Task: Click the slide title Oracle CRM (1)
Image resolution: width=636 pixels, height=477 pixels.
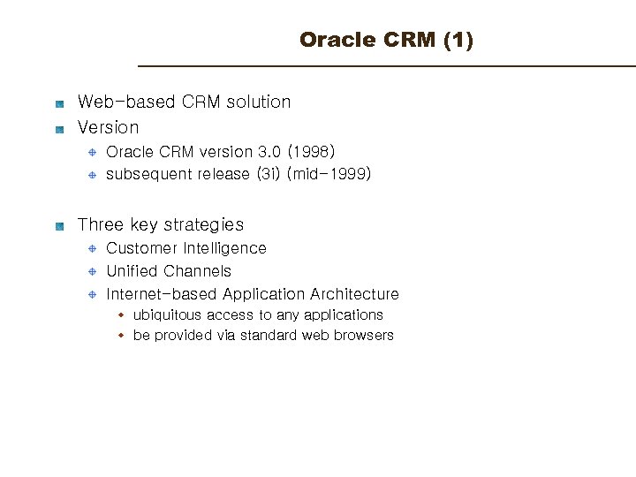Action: (x=386, y=41)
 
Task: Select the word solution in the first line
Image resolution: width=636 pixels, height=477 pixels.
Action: (x=258, y=102)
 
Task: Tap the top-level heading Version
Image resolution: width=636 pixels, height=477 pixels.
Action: (x=108, y=127)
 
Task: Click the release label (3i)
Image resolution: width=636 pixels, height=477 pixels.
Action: (x=268, y=174)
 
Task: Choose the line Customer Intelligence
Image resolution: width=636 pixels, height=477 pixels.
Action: (x=185, y=248)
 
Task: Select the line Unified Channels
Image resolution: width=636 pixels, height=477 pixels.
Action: (x=168, y=271)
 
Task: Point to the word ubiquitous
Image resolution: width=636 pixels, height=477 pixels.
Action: (x=167, y=315)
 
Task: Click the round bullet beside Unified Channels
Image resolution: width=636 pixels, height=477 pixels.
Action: (x=91, y=272)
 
